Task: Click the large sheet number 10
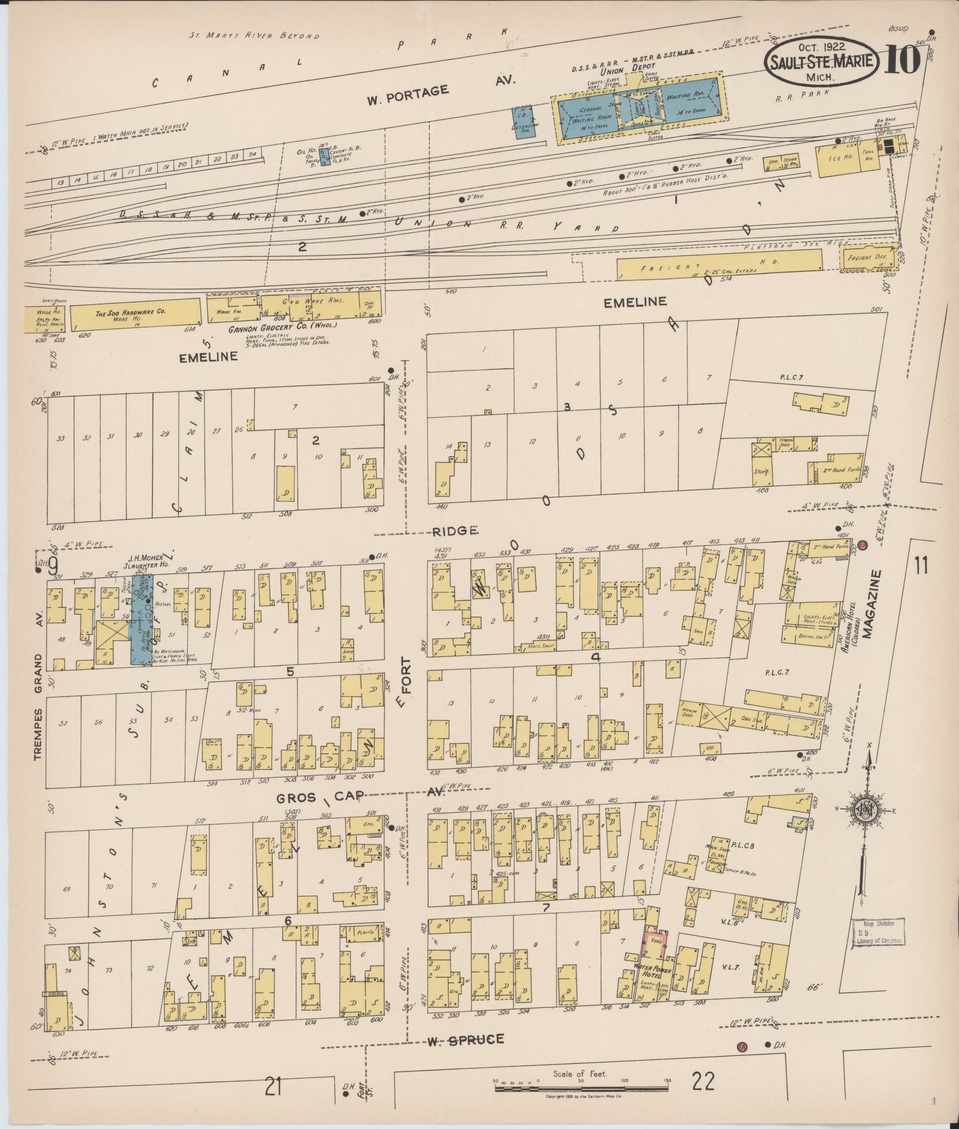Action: (901, 60)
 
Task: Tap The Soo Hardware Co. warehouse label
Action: (131, 311)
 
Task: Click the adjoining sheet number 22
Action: (704, 1082)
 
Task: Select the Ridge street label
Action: (456, 531)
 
